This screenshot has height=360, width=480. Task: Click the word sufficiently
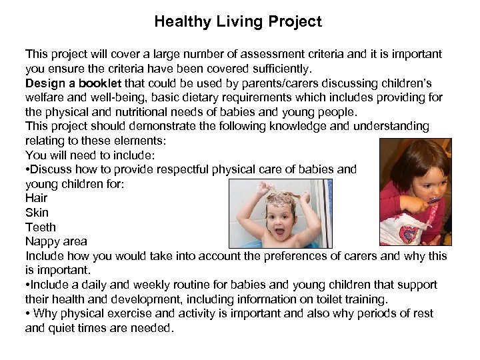[x=274, y=69]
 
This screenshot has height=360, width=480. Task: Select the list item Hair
[x=36, y=198]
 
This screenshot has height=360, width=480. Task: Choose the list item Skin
[x=37, y=213]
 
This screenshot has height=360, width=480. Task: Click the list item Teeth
[x=41, y=227]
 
